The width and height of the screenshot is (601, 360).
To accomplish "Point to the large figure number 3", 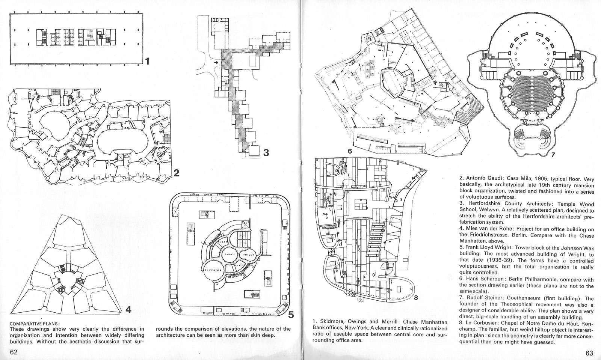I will tap(266, 152).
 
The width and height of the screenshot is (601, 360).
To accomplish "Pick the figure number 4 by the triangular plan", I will tap(128, 310).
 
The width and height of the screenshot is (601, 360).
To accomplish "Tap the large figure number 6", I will tap(349, 151).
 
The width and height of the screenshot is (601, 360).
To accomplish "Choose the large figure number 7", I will tap(554, 154).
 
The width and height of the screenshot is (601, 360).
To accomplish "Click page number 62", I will tap(14, 352).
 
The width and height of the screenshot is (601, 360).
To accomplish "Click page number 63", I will tap(589, 353).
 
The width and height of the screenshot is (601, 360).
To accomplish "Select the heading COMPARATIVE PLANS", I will tap(35, 323).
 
